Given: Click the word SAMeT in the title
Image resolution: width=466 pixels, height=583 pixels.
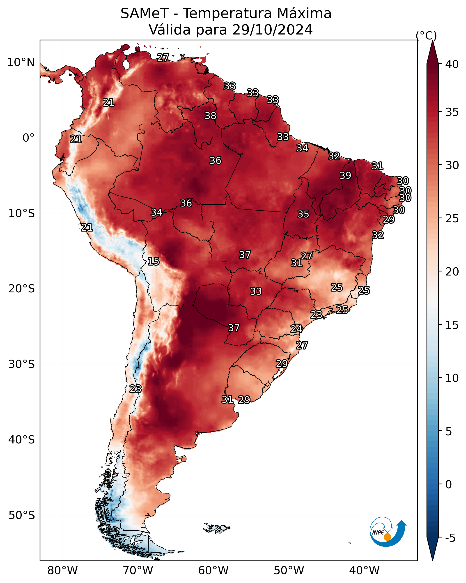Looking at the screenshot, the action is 145,14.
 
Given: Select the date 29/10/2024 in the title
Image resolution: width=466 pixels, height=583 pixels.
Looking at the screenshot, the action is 272,30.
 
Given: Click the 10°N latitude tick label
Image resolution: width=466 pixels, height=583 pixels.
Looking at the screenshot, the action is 21,62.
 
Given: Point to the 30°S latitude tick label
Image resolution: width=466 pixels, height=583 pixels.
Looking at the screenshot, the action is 22,364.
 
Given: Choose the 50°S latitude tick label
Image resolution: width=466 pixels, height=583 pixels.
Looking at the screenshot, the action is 22,515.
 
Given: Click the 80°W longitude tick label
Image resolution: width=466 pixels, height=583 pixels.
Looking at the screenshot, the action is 62,570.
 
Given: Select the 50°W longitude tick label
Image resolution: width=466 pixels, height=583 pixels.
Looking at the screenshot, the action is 289,570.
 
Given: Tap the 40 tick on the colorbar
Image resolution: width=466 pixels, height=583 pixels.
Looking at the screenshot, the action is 452,64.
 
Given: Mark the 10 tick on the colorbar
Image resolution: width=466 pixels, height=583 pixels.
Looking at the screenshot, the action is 452,378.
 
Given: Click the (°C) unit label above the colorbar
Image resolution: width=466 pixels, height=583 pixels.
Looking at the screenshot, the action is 426,35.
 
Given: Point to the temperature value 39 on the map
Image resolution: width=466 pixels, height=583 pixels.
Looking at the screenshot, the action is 345,175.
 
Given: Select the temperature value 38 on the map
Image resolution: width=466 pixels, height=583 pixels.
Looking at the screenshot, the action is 210,116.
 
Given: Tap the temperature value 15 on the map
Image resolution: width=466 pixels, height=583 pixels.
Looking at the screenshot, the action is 153,261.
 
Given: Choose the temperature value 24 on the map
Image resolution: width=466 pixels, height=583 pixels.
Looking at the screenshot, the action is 296,329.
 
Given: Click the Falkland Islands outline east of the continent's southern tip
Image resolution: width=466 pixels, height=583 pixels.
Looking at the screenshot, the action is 216,527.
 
